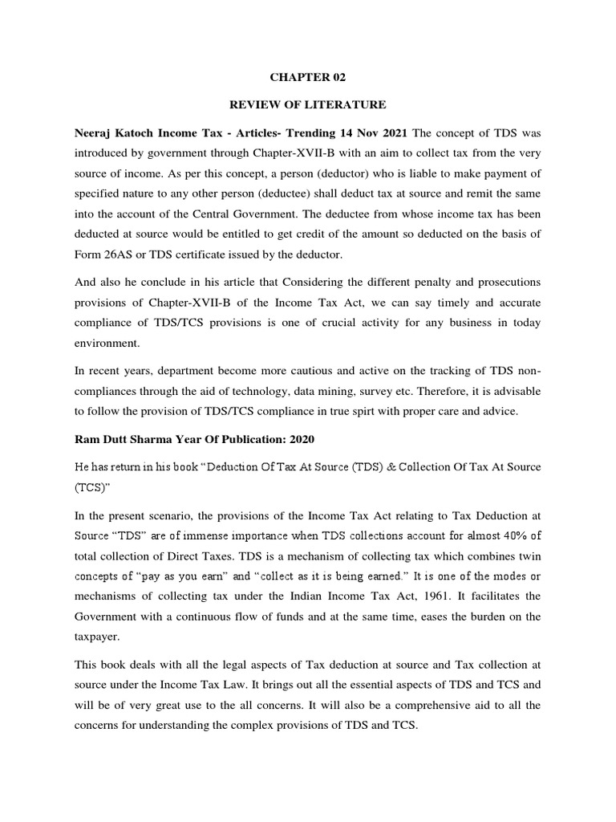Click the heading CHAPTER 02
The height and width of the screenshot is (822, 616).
(307, 77)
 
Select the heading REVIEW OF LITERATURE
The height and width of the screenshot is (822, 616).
(307, 104)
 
